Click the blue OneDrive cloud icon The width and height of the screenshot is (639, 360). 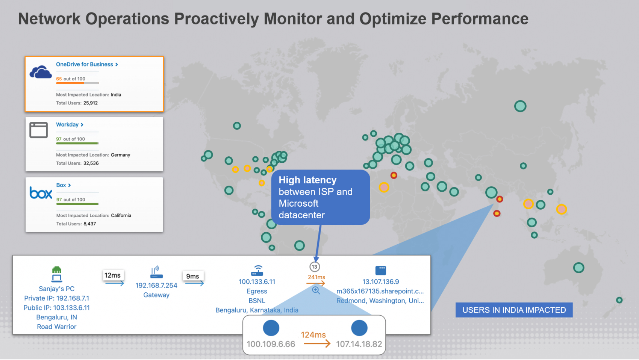[41, 72]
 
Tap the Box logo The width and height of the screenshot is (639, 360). [41, 193]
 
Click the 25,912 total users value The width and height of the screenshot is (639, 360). [90, 103]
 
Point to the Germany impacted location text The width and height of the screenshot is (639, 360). [120, 155]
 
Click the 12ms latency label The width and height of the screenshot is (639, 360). [112, 275]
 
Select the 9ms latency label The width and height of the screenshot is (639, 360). [192, 276]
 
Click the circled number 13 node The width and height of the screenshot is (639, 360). [314, 267]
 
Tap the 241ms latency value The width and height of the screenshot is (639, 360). [316, 277]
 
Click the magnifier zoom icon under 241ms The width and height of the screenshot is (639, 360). [316, 290]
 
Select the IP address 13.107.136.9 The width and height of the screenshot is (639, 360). [380, 281]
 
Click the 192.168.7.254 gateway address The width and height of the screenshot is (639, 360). [156, 285]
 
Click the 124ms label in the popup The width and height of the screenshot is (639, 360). [313, 334]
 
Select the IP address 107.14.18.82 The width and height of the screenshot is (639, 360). [359, 344]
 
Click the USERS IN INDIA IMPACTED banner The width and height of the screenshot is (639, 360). [513, 310]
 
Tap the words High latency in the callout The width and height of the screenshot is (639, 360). [307, 180]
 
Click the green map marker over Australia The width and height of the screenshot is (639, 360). [578, 268]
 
